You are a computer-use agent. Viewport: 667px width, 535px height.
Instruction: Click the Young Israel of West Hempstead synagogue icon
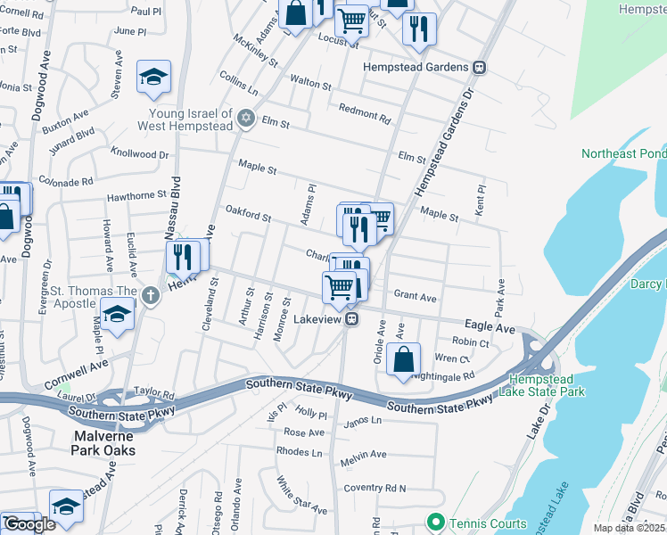[246, 118]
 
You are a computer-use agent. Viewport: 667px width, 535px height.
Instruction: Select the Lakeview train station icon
[353, 318]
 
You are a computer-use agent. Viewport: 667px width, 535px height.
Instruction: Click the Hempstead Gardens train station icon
[479, 67]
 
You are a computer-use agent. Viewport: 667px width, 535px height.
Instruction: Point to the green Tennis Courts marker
[435, 521]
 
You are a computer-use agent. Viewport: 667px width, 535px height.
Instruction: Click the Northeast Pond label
[623, 153]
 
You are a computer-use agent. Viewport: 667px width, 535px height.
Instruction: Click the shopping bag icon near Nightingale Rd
[403, 360]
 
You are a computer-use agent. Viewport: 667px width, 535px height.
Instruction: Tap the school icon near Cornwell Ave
[116, 316]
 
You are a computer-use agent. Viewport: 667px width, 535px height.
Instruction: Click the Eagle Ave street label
[489, 328]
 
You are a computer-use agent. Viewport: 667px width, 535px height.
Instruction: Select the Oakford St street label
[248, 215]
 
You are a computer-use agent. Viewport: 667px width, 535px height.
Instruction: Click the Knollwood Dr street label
[139, 154]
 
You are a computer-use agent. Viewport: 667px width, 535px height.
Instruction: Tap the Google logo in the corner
[30, 524]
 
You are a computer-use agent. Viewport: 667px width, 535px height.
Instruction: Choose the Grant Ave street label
[415, 296]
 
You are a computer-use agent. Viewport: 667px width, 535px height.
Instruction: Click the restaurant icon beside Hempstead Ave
[183, 256]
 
